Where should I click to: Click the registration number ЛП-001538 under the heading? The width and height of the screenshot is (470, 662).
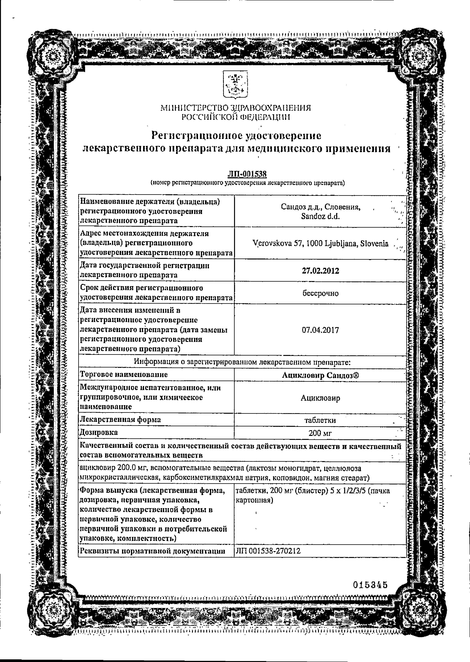247,174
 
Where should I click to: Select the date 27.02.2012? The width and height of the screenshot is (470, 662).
320,271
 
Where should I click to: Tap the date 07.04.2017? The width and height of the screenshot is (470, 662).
320,330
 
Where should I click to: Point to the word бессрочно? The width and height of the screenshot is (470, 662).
320,293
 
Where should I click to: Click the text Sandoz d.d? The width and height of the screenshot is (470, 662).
320,216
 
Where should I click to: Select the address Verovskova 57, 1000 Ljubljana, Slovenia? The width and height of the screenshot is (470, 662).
320,244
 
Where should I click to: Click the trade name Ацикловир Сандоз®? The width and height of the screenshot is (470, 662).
320,375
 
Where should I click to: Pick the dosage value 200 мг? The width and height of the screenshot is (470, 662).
320,433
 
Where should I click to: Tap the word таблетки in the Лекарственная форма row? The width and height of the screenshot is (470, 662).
320,420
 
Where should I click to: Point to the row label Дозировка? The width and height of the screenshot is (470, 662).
99,432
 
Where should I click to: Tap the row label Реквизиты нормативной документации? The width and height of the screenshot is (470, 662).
153,551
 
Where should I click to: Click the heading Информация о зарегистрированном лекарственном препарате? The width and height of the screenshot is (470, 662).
242,362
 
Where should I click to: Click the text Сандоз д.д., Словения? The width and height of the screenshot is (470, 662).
320,207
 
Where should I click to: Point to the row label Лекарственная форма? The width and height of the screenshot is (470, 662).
120,420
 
